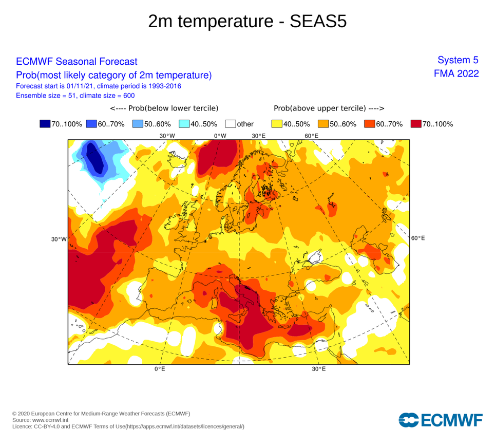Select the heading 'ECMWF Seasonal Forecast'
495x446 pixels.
pyautogui.click(x=77, y=62)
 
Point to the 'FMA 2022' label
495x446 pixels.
pyautogui.click(x=456, y=73)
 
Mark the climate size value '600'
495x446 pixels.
pyautogui.click(x=129, y=96)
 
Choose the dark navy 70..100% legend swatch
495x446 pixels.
pyautogui.click(x=45, y=124)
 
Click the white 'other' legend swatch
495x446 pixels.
pyautogui.click(x=230, y=124)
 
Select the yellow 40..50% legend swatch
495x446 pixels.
pyautogui.click(x=277, y=124)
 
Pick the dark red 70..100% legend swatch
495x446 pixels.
pyautogui.click(x=416, y=124)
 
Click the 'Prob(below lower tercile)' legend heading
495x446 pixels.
pyautogui.click(x=164, y=108)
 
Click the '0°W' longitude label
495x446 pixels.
pyautogui.click(x=220, y=136)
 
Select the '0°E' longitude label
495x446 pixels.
pyautogui.click(x=160, y=369)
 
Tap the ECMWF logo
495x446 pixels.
pyautogui.click(x=440, y=420)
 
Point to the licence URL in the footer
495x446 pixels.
pyautogui.click(x=185, y=426)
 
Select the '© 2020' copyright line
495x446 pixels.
pyautogui.click(x=101, y=414)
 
